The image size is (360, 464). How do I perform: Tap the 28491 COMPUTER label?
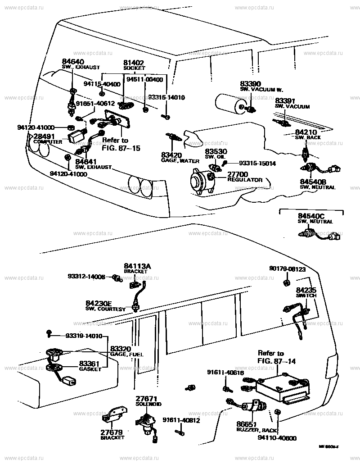click(43, 136)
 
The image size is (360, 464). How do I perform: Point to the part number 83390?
click(250, 84)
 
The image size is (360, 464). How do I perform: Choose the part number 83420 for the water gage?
click(171, 155)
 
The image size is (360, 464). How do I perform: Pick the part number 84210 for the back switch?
click(306, 132)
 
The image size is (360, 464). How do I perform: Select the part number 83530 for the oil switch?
click(216, 151)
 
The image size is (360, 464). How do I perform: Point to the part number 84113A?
click(137, 266)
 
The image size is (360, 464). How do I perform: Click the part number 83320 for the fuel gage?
click(121, 349)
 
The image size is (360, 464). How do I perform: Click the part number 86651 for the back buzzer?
click(247, 424)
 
